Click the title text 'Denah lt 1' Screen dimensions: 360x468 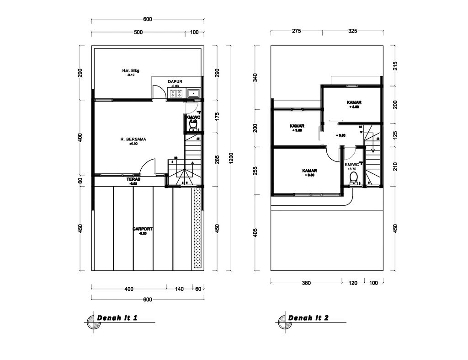point(117,318)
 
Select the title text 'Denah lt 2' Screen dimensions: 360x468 point(308,318)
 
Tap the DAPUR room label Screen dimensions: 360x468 point(175,82)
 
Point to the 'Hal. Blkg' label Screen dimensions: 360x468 point(130,70)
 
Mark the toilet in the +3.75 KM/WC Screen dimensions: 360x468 point(353,181)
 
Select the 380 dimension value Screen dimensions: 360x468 point(306,283)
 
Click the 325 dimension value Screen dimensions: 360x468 point(352,31)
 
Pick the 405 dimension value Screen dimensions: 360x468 point(255,232)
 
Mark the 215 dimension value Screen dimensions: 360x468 point(395,65)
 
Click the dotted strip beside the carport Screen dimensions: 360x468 point(197,229)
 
